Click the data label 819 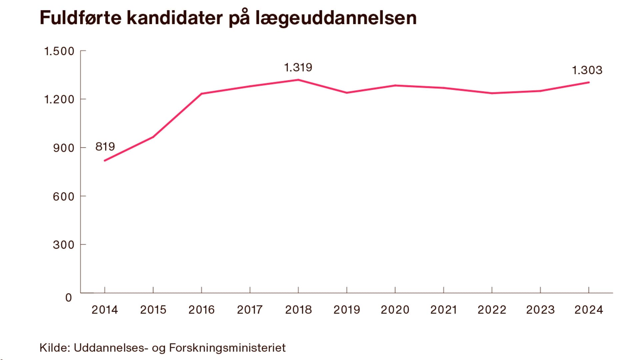[105, 146]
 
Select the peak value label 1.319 [298, 68]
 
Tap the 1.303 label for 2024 [587, 70]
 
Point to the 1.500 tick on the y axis [59, 51]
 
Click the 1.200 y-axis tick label [59, 99]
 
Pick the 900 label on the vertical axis [64, 148]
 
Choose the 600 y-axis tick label [64, 196]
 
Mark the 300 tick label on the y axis [64, 245]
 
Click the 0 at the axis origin [69, 298]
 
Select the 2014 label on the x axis [105, 310]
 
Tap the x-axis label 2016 [201, 310]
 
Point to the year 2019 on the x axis [347, 310]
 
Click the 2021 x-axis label [443, 310]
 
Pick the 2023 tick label [540, 310]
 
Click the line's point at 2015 [153, 137]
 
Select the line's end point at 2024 [589, 82]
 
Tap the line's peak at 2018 [298, 80]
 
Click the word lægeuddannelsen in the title [336, 18]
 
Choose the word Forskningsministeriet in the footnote [227, 348]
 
